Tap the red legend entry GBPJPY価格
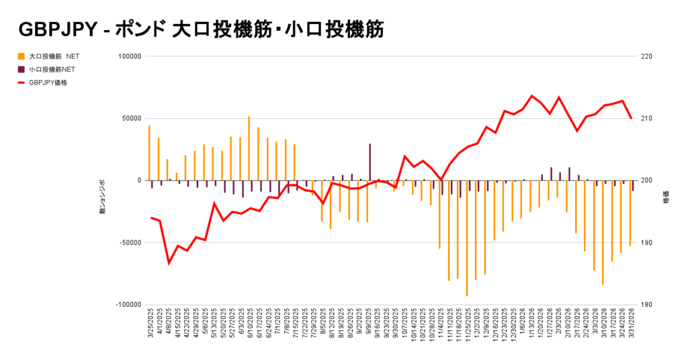pos(47,82)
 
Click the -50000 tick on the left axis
pos(127,242)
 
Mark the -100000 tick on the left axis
pos(126,305)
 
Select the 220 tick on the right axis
pos(647,56)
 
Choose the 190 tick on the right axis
pos(647,242)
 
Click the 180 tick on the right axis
pos(647,305)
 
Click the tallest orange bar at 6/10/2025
pos(249,148)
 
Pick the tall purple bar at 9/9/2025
pos(370,162)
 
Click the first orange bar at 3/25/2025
pos(149,153)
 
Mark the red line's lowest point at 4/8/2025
pos(169,263)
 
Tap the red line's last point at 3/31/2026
pos(631,118)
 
